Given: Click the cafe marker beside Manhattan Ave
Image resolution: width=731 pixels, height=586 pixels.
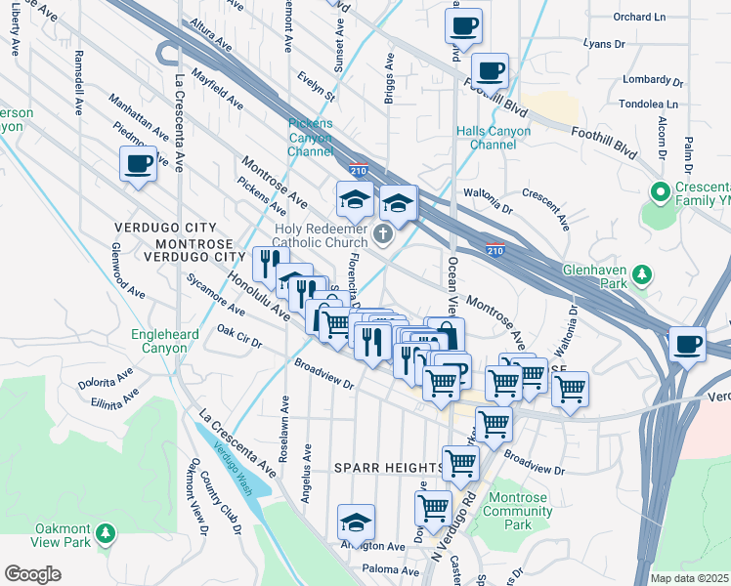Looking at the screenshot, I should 138,163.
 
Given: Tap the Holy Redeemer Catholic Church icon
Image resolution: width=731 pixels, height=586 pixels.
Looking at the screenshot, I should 383,235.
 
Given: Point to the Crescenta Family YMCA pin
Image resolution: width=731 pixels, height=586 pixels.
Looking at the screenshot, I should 660,191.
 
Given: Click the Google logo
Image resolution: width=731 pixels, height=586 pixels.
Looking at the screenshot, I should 32,574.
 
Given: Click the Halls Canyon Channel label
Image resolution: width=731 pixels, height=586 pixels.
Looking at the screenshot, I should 493,138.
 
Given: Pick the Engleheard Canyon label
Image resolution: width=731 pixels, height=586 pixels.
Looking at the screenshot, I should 158,341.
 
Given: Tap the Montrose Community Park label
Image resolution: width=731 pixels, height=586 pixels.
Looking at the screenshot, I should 517,511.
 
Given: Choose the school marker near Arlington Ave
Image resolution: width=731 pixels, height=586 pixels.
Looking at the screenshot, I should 357,523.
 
